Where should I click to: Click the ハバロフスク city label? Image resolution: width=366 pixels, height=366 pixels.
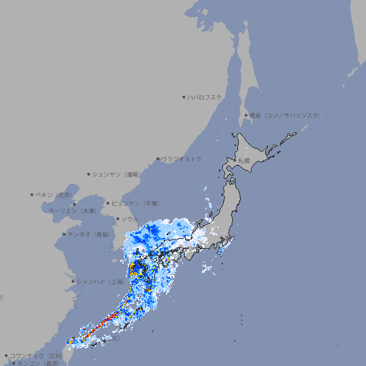pos(204,97)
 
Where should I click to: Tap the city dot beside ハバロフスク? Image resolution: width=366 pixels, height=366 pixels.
pos(184,97)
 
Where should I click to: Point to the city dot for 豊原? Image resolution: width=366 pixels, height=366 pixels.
pos(246,115)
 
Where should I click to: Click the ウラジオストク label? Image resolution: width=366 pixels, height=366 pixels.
pos(182,159)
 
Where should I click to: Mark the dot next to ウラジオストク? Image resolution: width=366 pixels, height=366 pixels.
pos(158,159)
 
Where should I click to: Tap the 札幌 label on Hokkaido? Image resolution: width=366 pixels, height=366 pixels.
pos(244,162)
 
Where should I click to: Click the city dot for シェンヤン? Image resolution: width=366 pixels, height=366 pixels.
pos(89,174)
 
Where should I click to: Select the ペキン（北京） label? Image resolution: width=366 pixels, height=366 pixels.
pos(55,194)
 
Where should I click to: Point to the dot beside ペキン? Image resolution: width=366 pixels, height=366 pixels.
pos(32,194)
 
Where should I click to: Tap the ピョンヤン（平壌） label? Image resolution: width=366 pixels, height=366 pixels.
pos(137,203)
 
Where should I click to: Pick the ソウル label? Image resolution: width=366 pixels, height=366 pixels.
pos(129,219)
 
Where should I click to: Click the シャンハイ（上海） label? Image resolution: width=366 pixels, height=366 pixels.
pos(100,282)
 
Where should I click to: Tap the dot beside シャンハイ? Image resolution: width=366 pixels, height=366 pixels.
pos(73,282)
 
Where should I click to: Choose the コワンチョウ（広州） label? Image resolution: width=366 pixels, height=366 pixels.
pos(36,355)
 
